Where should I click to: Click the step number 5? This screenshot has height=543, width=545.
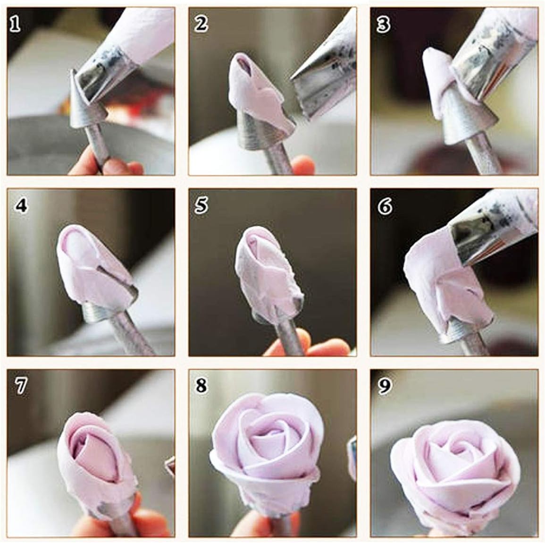(x=201, y=206)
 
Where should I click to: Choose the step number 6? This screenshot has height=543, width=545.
(x=385, y=206)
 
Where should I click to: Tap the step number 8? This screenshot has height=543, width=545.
(x=201, y=386)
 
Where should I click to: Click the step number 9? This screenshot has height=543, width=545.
(x=385, y=386)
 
